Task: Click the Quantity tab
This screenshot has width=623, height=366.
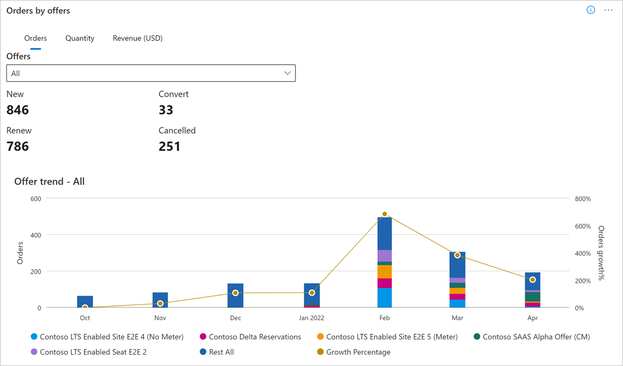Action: (80, 38)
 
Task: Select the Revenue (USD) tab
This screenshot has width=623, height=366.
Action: (138, 38)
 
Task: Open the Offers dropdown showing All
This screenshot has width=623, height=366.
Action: (151, 74)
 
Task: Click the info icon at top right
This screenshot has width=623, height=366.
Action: (591, 10)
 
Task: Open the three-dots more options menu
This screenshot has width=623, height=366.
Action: (608, 10)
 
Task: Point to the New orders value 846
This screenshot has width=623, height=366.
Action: (18, 110)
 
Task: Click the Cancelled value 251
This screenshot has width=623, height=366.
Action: (169, 147)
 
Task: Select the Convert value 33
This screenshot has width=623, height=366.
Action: (166, 110)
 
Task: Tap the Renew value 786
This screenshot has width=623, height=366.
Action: (18, 147)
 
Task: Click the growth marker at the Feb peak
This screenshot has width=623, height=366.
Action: (385, 214)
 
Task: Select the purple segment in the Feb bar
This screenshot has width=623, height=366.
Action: (385, 255)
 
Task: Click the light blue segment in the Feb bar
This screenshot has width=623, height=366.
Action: (385, 298)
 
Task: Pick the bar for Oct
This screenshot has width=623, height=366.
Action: (85, 301)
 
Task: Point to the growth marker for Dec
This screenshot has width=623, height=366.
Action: (235, 293)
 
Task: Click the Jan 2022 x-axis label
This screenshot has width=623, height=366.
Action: (312, 318)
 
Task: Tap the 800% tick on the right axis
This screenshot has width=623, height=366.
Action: (582, 199)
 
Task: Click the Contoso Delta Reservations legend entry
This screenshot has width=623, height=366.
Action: (255, 337)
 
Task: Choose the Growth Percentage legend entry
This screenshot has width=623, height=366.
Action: (358, 352)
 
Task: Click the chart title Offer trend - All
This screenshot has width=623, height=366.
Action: (50, 181)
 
